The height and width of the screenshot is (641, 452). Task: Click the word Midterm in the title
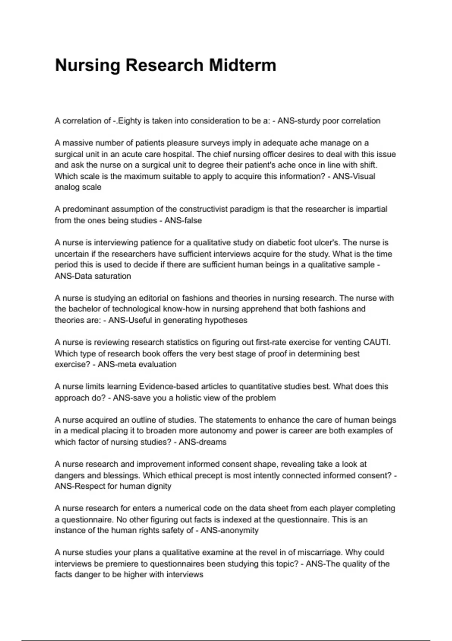[x=243, y=65]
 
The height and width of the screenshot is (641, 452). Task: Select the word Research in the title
[x=164, y=65]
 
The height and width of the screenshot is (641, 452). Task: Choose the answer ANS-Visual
[x=354, y=176]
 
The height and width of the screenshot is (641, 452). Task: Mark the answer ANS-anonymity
[x=229, y=531]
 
